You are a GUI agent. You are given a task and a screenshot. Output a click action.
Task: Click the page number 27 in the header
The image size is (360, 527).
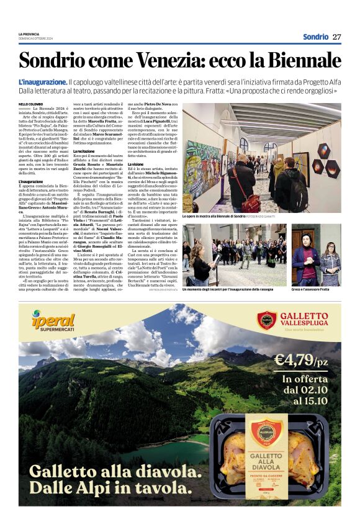click(x=337, y=37)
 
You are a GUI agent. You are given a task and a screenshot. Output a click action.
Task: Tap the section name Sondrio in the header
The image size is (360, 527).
click(x=315, y=37)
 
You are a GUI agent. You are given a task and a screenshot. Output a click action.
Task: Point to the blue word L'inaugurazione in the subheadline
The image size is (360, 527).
click(x=42, y=82)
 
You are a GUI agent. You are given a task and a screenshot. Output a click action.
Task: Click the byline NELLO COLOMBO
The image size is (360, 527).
click(x=31, y=104)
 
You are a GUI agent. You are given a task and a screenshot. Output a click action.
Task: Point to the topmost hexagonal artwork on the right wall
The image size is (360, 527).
click(x=323, y=150)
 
